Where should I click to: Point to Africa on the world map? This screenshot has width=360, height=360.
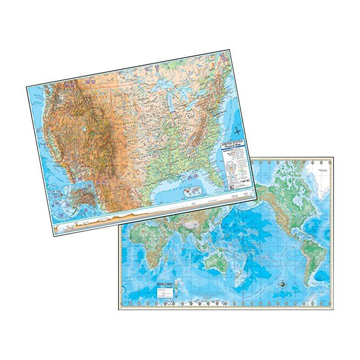[144, 252]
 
